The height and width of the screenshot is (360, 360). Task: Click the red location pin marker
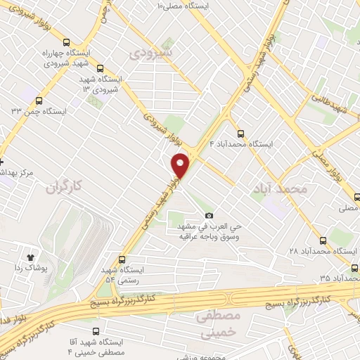click(x=181, y=165)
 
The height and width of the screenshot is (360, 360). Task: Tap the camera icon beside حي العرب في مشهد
click(x=208, y=215)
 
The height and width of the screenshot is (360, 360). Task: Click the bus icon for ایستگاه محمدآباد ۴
click(x=240, y=132)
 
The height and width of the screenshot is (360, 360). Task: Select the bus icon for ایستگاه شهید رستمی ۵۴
click(x=122, y=259)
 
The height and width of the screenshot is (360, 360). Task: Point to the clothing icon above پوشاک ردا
click(x=30, y=258)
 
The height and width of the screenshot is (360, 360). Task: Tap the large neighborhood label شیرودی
click(x=152, y=52)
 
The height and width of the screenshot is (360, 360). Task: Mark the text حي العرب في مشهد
click(x=208, y=226)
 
